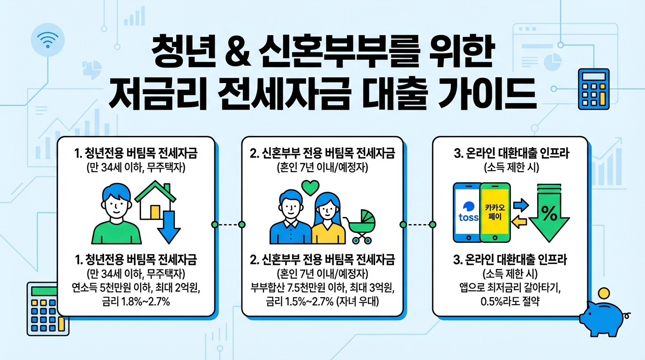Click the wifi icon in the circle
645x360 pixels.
coord(47,39)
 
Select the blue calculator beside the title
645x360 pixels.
coord(593,89)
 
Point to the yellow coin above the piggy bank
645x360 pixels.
coord(604,294)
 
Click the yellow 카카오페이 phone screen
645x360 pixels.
coord(495,212)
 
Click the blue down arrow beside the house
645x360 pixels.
coord(169,225)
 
